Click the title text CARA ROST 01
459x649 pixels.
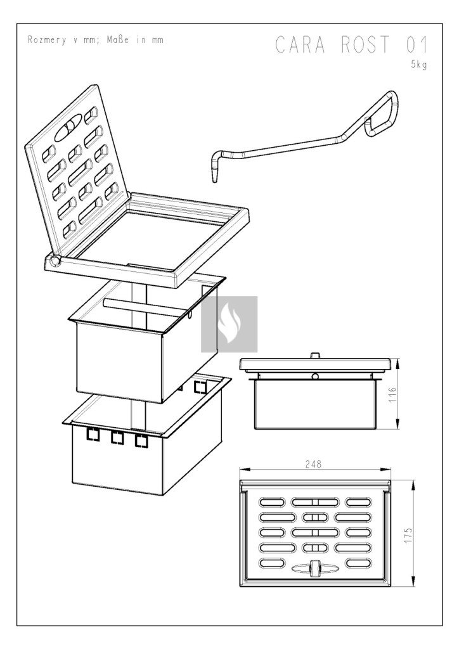point(351,46)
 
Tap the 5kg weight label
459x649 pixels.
point(419,65)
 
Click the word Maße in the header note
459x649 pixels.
point(118,40)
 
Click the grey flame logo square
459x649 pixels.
point(229,324)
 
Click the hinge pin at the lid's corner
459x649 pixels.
point(55,260)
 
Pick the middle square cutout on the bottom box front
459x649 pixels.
point(117,437)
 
